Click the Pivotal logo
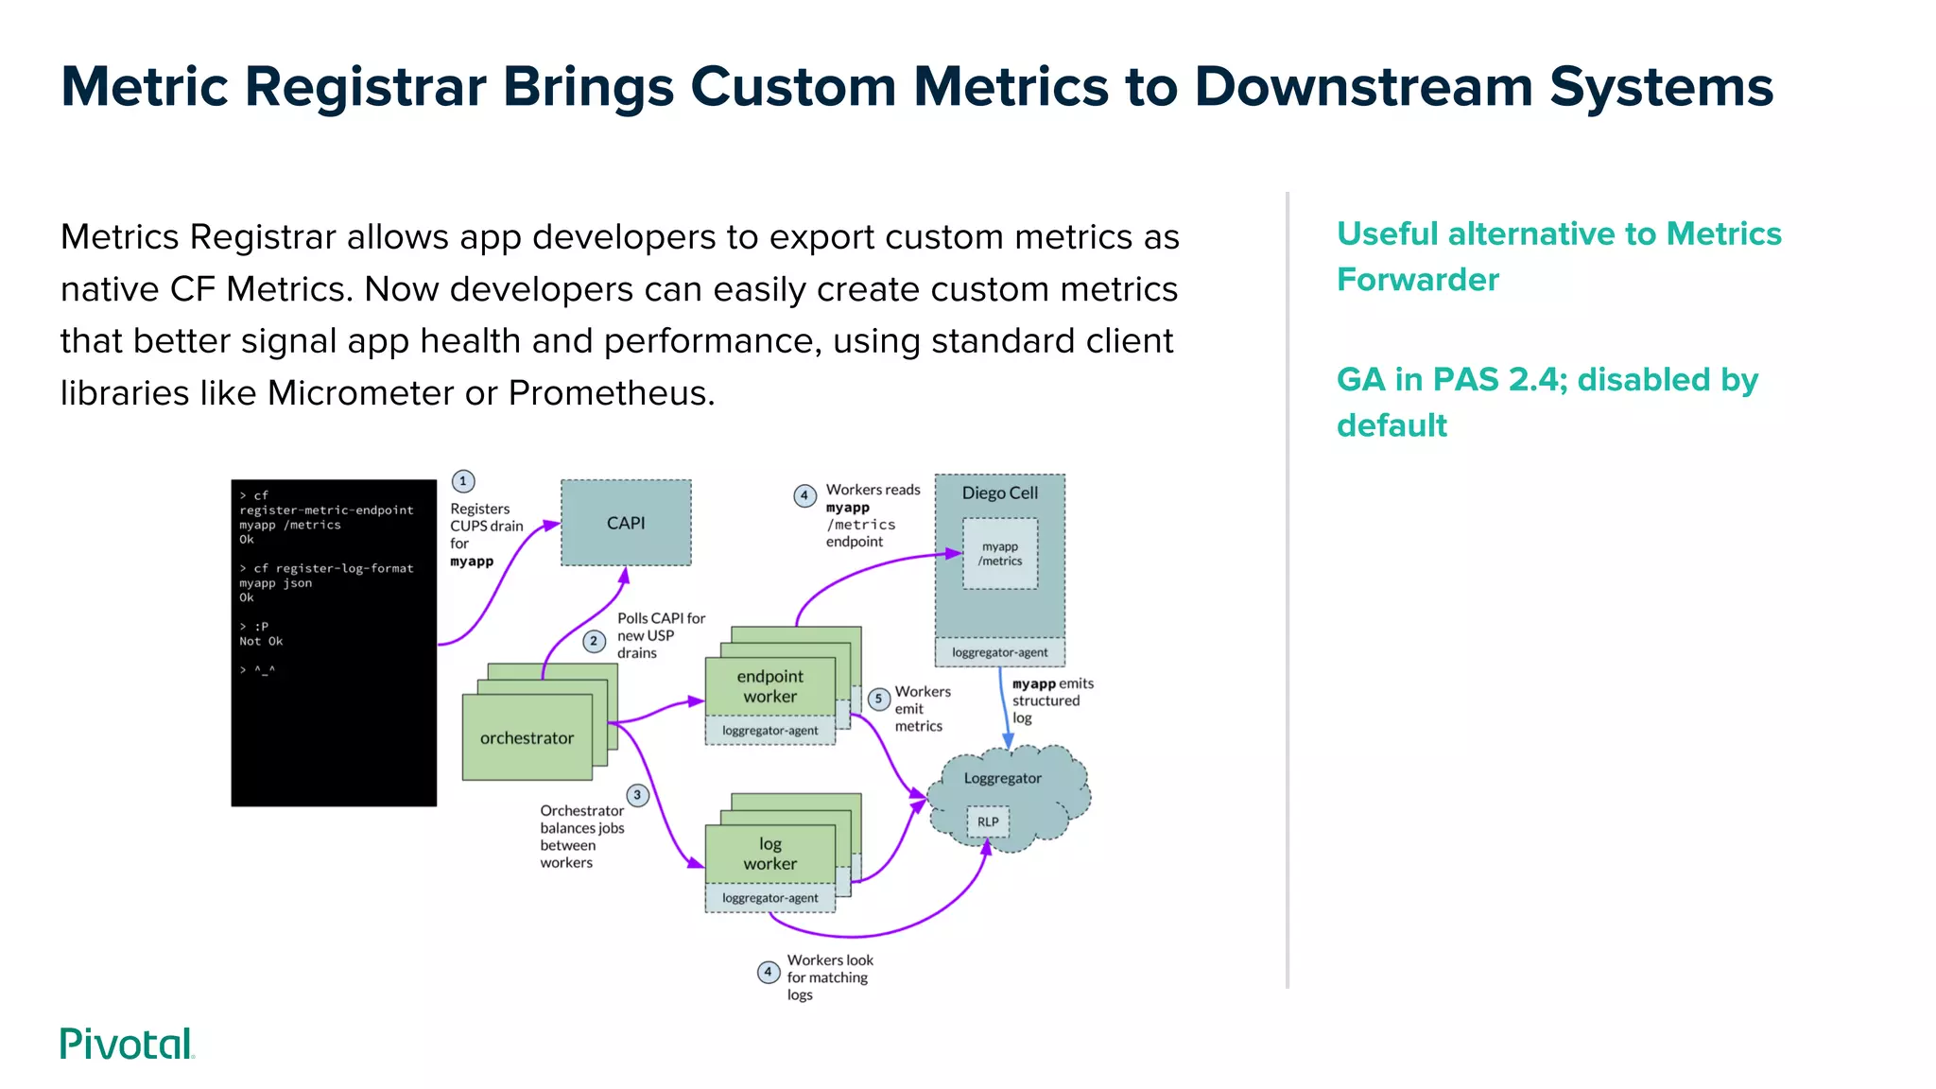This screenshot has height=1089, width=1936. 127,1044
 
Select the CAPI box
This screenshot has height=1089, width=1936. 626,523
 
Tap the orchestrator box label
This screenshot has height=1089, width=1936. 527,738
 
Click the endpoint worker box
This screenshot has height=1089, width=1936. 769,686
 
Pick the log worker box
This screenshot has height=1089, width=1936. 769,854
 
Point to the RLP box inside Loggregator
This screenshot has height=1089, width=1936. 988,821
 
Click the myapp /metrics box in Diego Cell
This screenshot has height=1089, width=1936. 1000,554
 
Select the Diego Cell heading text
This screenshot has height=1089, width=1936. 999,493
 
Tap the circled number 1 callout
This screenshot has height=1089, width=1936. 463,481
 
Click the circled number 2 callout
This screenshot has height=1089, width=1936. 594,641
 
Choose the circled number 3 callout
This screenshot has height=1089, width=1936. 637,795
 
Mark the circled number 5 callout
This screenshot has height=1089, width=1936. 878,699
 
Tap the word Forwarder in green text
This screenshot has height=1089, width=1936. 1417,280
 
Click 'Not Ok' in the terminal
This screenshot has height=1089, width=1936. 261,641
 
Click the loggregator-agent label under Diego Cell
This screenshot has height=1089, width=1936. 999,652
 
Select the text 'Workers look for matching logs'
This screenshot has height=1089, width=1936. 828,977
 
